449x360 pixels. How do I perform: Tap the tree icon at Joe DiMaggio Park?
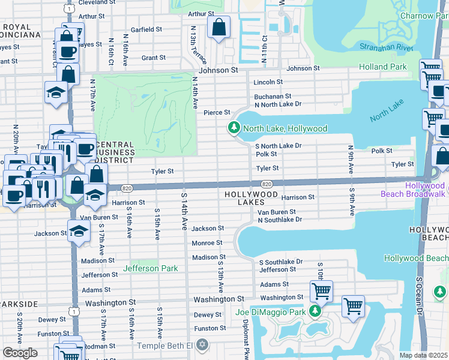pyautogui.click(x=314, y=311)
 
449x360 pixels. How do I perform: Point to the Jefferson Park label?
pyautogui.click(x=150, y=268)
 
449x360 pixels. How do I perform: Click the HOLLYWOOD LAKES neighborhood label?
pyautogui.click(x=251, y=199)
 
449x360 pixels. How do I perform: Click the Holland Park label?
pyautogui.click(x=382, y=67)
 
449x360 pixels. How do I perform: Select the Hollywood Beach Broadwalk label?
pyautogui.click(x=415, y=190)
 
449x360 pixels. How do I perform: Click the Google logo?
pyautogui.click(x=20, y=352)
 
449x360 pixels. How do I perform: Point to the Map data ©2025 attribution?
pyautogui.click(x=424, y=355)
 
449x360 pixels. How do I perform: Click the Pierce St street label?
pyautogui.click(x=217, y=112)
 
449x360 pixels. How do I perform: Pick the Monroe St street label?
pyautogui.click(x=207, y=243)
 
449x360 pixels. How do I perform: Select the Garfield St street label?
pyautogui.click(x=146, y=29)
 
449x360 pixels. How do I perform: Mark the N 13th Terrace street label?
pyautogui.click(x=198, y=46)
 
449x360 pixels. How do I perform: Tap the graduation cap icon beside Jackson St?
pyautogui.click(x=79, y=231)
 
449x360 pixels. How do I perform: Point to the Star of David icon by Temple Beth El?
pyautogui.click(x=202, y=345)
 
